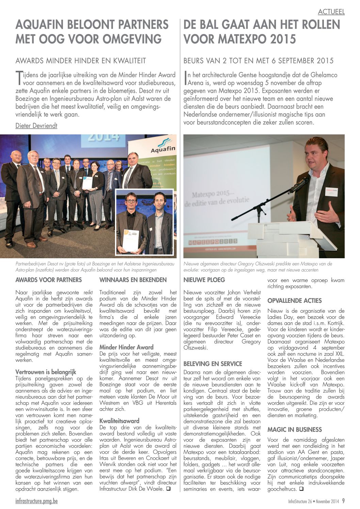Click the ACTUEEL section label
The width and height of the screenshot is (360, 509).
click(331, 12)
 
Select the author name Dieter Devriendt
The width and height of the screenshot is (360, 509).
click(36, 126)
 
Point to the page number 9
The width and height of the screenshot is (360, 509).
click(343, 501)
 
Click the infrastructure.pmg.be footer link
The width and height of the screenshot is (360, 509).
click(36, 501)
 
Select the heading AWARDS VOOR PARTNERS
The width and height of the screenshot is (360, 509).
click(49, 280)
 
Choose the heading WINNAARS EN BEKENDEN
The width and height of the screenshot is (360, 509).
click(133, 280)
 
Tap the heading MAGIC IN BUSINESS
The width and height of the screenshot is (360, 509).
click(294, 430)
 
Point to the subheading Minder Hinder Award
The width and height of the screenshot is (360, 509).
click(126, 347)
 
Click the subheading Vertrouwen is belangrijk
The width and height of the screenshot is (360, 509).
click(46, 372)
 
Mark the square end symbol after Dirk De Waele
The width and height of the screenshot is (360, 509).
click(168, 489)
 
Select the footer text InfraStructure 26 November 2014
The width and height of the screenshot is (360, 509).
click(313, 501)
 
